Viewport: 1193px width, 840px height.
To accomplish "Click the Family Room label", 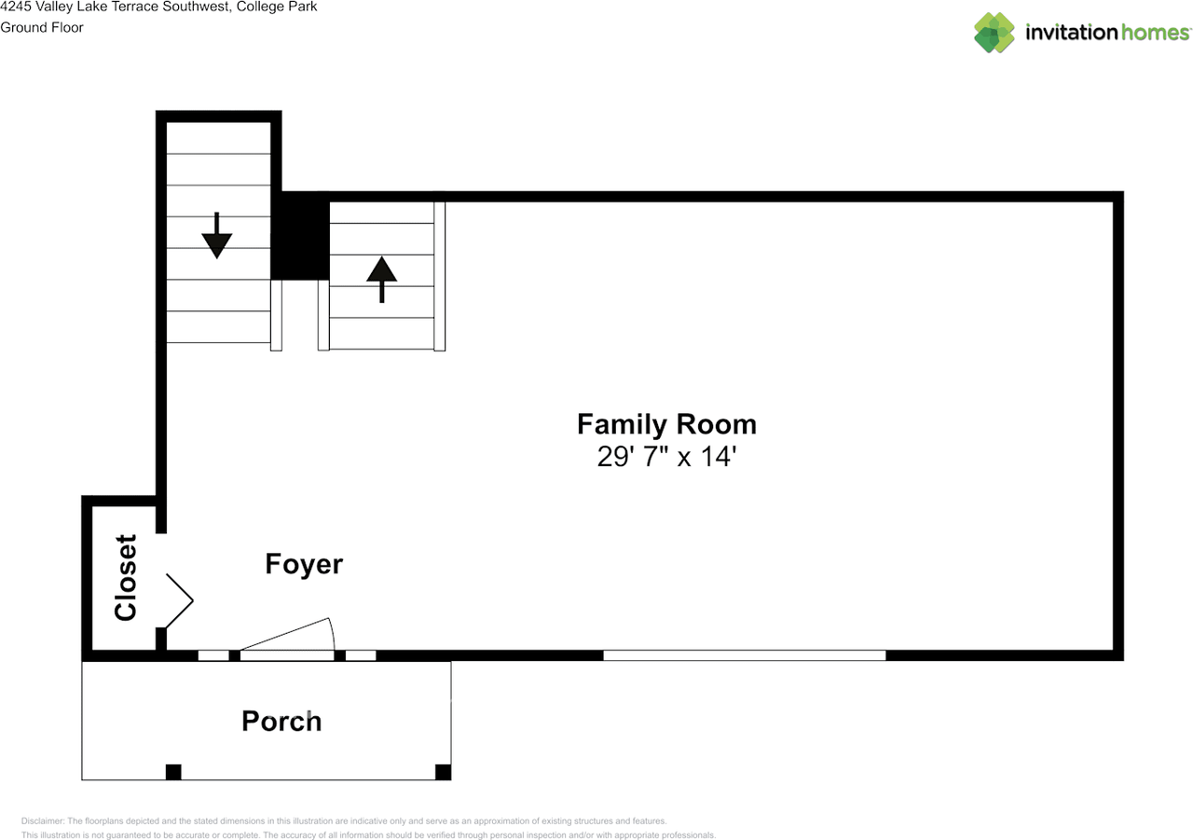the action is [x=666, y=424].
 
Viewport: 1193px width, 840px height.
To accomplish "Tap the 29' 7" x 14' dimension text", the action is [x=666, y=457].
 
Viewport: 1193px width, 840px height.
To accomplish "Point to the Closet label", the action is [x=126, y=577].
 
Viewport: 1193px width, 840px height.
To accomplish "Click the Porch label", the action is [x=281, y=722].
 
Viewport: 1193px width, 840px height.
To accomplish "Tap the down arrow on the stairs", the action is [x=217, y=236].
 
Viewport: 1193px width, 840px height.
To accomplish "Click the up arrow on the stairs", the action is [x=382, y=280].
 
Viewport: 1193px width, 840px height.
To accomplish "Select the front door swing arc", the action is [x=332, y=633].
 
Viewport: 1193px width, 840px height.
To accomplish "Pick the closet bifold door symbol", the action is [x=179, y=600].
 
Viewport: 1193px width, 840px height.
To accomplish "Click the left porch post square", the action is [x=173, y=772].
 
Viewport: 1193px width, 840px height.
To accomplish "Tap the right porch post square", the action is [x=443, y=772].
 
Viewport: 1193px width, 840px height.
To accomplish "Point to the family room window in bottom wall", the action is [x=745, y=655].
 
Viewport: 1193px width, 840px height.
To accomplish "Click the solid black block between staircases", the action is [x=300, y=236].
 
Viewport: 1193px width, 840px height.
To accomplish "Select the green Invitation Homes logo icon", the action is [x=994, y=33].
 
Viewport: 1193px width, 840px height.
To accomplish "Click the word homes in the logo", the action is [x=1156, y=33].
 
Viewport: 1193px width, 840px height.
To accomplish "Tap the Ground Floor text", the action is [x=42, y=27].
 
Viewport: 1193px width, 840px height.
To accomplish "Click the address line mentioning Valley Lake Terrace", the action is [x=158, y=7].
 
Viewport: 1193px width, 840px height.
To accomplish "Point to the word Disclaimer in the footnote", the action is [x=43, y=820].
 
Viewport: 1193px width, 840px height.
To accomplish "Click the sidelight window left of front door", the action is [x=213, y=655].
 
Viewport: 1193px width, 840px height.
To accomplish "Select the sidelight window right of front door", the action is [x=361, y=655].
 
